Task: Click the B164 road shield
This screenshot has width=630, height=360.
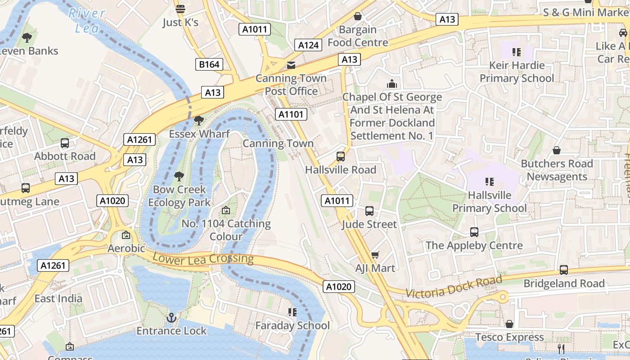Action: [x=209, y=64]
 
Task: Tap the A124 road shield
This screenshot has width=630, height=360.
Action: [x=309, y=45]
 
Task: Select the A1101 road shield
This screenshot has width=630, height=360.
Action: [x=292, y=114]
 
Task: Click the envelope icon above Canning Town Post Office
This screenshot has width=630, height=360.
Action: [x=291, y=65]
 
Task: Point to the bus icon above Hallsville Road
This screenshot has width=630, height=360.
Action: [x=341, y=157]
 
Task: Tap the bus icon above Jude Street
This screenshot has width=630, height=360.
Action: [x=369, y=211]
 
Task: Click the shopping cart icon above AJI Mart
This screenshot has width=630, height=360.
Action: [x=375, y=255]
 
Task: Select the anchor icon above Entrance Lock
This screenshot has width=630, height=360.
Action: [x=171, y=318]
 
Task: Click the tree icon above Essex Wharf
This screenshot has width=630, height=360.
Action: [x=198, y=121]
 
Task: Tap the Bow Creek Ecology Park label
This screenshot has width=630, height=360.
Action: [x=179, y=196]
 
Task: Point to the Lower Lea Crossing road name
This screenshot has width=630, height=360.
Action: [x=203, y=259]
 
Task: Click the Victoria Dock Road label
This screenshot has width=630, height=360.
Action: [x=454, y=287]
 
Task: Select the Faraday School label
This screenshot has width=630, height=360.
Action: [x=292, y=325]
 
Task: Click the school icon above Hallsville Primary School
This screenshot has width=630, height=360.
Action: [x=490, y=182]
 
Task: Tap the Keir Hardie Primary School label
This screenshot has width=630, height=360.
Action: [x=517, y=72]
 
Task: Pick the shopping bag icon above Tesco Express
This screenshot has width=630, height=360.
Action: [x=509, y=324]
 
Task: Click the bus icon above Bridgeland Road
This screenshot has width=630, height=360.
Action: [x=564, y=270]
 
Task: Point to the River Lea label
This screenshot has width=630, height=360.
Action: [x=86, y=21]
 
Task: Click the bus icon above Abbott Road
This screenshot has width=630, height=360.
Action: [x=65, y=143]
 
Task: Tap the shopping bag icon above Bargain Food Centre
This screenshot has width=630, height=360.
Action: [x=358, y=17]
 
